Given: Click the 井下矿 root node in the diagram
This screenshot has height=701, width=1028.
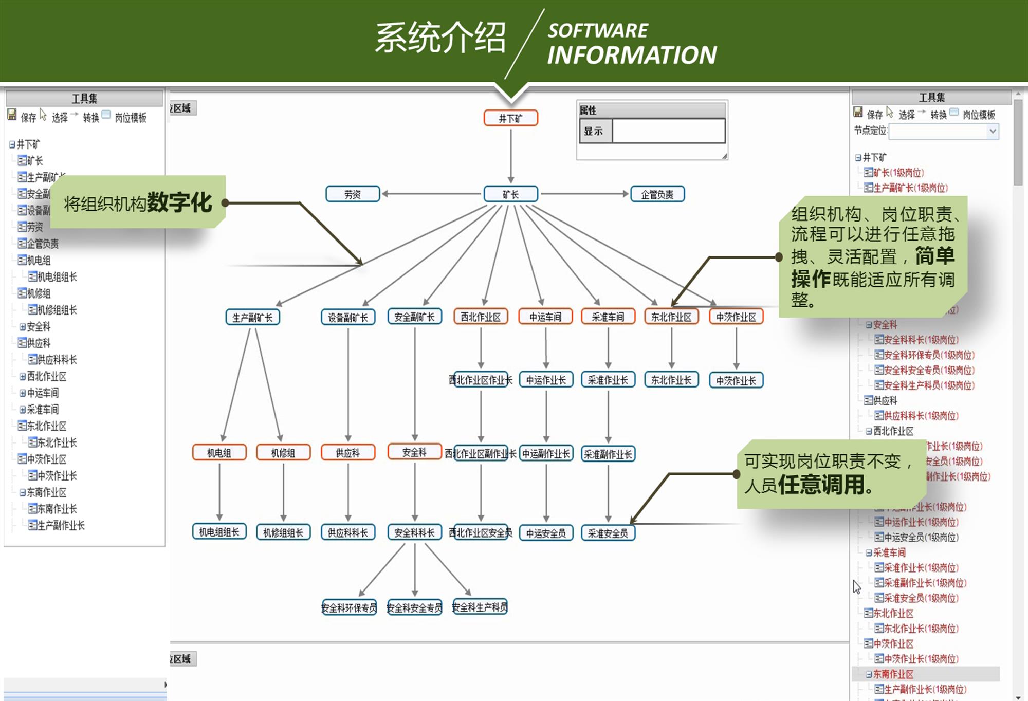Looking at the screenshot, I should click(x=510, y=118).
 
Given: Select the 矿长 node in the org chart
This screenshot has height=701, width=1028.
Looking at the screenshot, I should click(x=510, y=194).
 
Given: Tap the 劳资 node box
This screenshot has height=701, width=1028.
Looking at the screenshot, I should click(x=353, y=194).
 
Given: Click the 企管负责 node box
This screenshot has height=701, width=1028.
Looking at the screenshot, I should click(x=657, y=194).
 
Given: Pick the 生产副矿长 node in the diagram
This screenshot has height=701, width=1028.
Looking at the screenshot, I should click(x=252, y=317).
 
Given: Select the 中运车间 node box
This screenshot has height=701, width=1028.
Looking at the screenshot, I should click(x=545, y=317).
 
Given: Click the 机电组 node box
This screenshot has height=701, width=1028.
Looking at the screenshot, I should click(x=219, y=453).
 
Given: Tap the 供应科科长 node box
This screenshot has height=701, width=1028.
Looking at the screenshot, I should click(x=348, y=532).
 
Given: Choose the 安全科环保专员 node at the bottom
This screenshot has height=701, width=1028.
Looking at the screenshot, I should click(x=349, y=607).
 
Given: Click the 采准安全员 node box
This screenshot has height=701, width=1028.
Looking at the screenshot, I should click(x=608, y=533).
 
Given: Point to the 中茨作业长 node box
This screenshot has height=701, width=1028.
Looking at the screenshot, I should click(x=736, y=380).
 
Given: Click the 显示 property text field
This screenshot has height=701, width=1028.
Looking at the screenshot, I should click(x=668, y=131).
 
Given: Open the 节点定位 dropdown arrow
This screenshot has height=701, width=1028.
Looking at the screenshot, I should click(x=993, y=131).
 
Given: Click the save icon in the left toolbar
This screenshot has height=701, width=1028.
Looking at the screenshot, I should click(x=12, y=115).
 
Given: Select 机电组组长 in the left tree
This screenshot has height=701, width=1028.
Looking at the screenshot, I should click(x=57, y=277).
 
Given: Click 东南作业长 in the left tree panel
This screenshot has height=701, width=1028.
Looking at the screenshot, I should click(x=57, y=509).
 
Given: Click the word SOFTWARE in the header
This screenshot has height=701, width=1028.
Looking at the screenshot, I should click(x=598, y=31).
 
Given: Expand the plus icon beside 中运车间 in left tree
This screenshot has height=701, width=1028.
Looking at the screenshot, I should click(x=23, y=393).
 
